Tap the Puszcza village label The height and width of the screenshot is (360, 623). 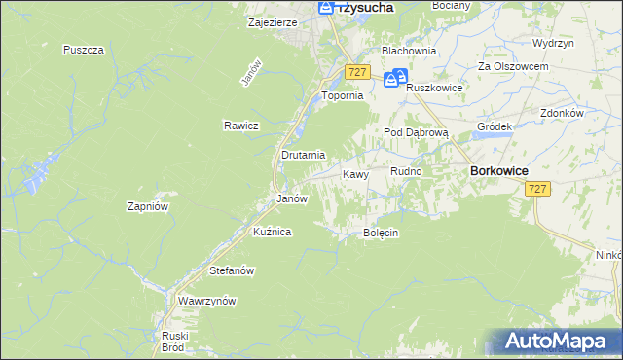83,50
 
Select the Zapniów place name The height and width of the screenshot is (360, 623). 149,206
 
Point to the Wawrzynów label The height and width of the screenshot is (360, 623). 207,301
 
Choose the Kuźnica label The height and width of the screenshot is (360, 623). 273,232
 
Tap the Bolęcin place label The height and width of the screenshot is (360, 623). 382,234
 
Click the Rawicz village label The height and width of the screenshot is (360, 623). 239,126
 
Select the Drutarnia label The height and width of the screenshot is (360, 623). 303,155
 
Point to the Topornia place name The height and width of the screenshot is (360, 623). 342,96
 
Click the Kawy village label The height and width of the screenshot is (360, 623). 355,174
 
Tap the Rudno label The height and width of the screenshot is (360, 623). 406,171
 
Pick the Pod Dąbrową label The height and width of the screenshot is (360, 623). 415,131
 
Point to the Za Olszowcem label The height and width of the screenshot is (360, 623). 513,66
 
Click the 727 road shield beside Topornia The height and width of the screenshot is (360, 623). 357,73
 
